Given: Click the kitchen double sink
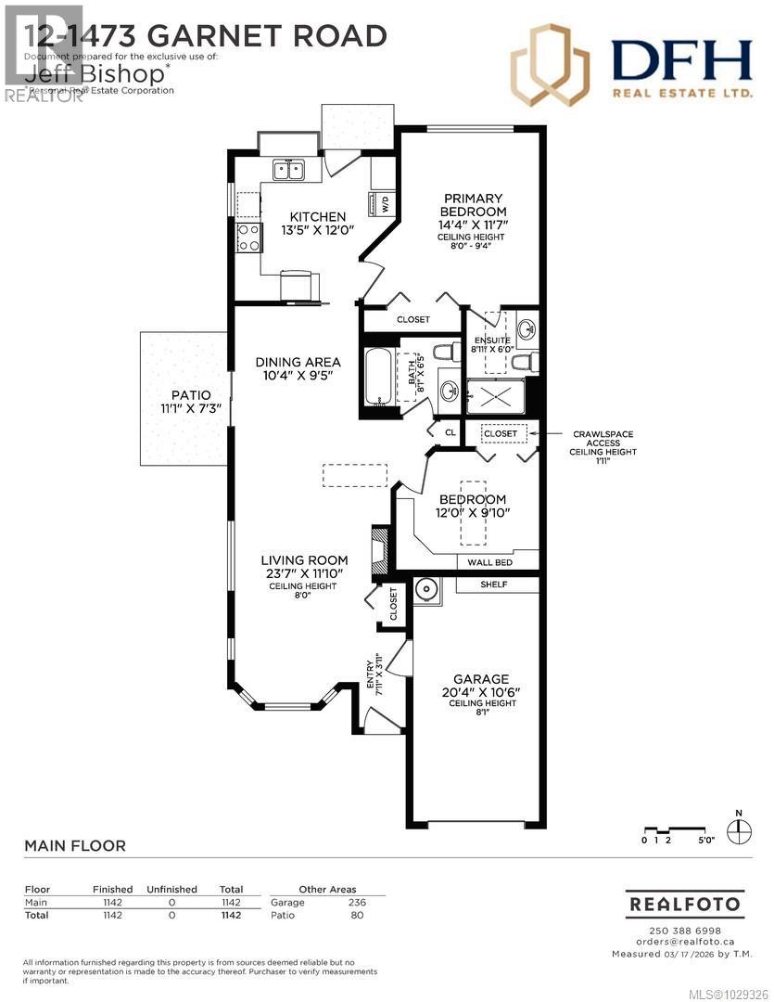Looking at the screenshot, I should [x=289, y=170].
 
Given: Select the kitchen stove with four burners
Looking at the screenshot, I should [x=248, y=238].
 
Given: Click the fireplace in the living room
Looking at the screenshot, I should [x=378, y=552].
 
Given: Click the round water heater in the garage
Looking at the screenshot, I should [x=427, y=589].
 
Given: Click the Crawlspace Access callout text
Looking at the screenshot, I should [x=604, y=442].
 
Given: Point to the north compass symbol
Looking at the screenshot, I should [x=739, y=830].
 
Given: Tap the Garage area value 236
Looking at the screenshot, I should [x=356, y=903].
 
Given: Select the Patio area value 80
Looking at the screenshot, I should [x=359, y=916].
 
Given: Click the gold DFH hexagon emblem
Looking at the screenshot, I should [x=551, y=64].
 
